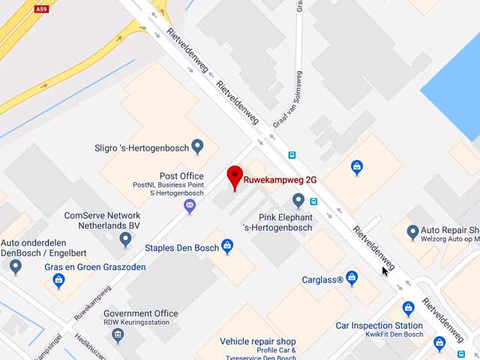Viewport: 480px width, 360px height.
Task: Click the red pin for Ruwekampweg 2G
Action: [235, 177]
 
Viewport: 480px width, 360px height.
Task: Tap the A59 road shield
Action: [42, 9]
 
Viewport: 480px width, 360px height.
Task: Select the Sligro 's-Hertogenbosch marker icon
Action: [197, 145]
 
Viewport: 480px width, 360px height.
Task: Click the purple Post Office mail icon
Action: [190, 205]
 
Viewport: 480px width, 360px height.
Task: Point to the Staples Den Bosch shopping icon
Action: [227, 246]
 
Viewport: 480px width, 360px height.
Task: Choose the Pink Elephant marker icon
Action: [298, 200]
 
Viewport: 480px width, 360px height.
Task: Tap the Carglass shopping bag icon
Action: [352, 278]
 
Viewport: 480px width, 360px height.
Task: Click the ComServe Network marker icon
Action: [126, 239]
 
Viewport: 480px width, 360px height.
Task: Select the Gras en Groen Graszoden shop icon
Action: [58, 280]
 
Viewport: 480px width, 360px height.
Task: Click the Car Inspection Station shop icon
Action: [408, 308]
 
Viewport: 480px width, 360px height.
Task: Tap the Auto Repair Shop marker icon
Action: [412, 232]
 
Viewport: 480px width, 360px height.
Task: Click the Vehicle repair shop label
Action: [258, 341]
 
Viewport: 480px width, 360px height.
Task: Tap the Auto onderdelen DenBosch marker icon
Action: [16, 265]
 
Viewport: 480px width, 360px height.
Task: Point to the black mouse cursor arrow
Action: [384, 270]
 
